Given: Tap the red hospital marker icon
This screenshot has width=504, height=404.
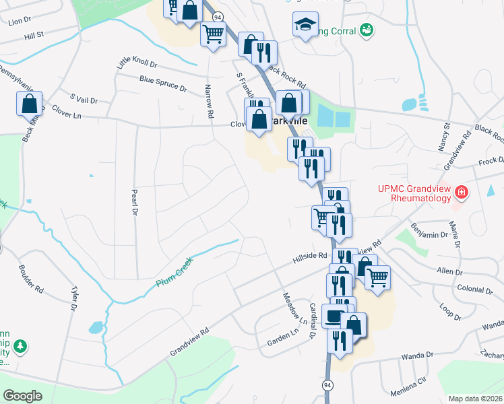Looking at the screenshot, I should tap(461, 193).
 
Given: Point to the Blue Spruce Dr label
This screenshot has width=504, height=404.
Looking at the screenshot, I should tap(163, 83).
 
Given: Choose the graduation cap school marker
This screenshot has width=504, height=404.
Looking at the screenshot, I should tap(305, 25).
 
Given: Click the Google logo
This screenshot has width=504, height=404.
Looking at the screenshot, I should tap(23, 395).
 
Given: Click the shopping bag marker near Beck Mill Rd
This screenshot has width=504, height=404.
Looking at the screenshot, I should tap(29, 104).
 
